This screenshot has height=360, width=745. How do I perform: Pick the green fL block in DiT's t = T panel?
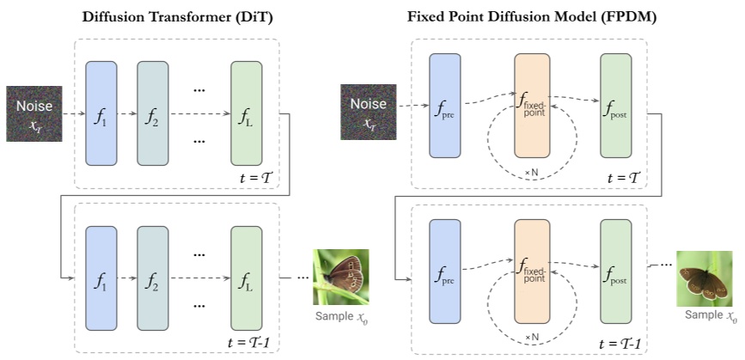[247, 113]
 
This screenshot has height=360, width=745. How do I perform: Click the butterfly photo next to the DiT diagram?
[341, 277]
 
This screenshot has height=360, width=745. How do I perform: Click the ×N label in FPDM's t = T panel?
[534, 173]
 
